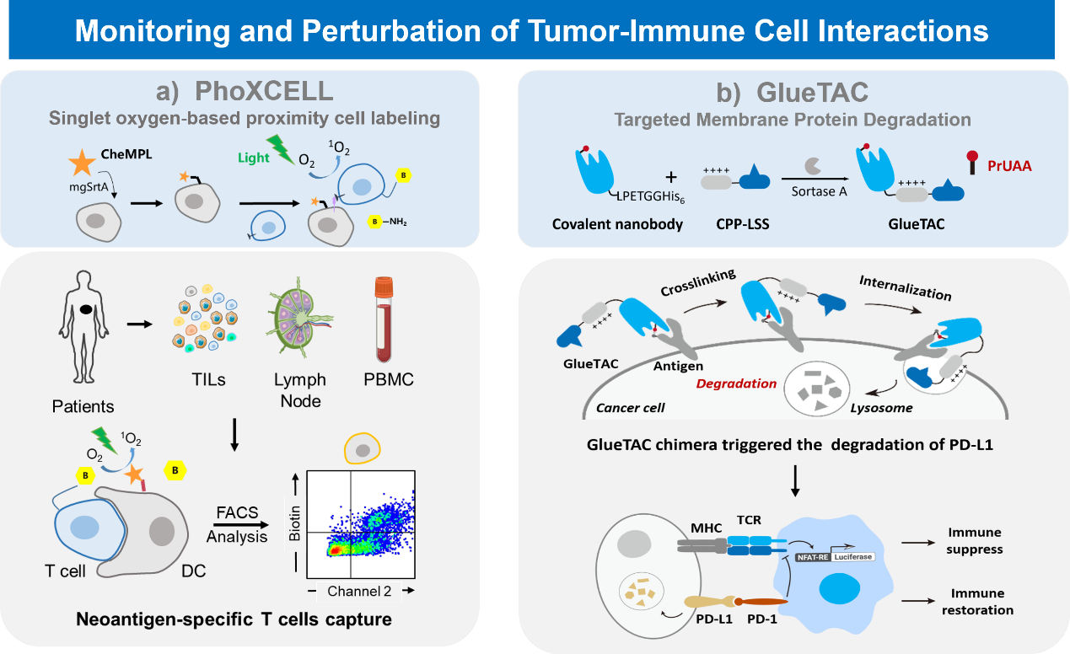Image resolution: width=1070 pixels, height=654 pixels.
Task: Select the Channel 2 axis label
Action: point(360,591)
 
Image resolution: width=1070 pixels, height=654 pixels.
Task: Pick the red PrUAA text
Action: point(1010,166)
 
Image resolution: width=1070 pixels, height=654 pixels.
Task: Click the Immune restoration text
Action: point(981,602)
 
